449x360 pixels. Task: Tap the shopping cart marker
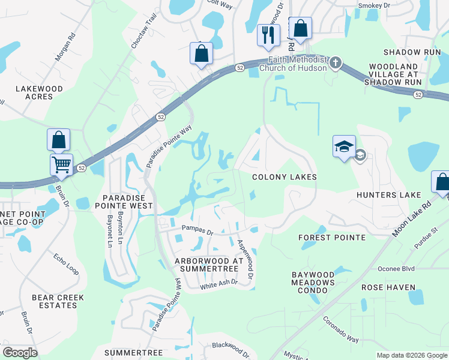point(62,164)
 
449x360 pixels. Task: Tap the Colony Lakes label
point(284,178)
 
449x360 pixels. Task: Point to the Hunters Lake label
point(388,195)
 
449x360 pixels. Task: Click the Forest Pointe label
point(332,238)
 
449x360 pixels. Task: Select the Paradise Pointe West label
point(127,202)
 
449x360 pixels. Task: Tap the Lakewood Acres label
point(39,92)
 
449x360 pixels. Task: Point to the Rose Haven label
point(388,287)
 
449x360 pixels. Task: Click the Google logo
point(20,353)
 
